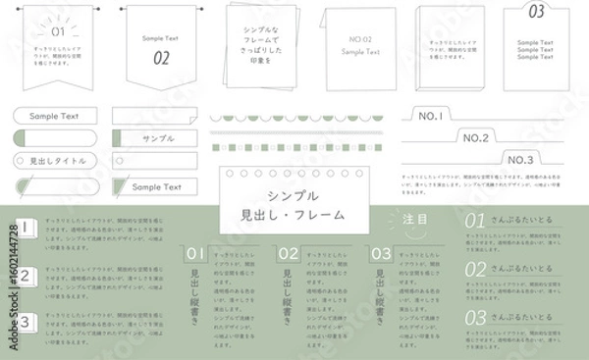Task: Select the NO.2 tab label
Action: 474,138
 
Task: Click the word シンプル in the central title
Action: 294,194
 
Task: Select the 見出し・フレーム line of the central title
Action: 294,214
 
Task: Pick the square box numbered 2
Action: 25,276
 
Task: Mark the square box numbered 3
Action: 25,321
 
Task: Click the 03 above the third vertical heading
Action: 381,254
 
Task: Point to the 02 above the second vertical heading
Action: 289,254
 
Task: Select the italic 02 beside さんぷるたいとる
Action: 476,269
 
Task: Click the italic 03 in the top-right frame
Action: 536,13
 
